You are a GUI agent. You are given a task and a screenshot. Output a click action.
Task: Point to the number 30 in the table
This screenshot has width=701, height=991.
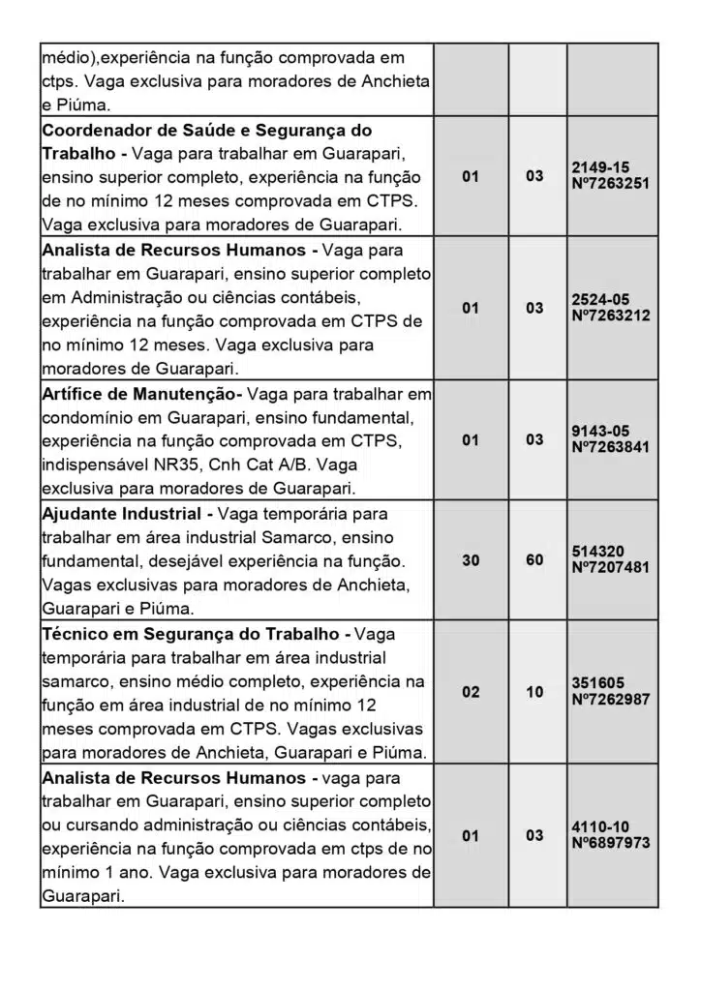[x=471, y=559]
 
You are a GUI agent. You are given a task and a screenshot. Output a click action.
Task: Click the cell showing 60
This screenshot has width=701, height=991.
[x=534, y=559]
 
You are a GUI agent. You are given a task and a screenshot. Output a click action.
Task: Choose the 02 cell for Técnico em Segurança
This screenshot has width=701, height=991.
[x=471, y=692]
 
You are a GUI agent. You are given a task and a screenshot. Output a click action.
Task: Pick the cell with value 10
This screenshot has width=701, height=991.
[x=534, y=692]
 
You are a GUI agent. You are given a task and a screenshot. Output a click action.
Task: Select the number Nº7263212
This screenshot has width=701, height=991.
[x=611, y=315]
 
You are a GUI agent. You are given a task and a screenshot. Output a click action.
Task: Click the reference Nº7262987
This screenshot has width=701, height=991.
[x=611, y=700]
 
